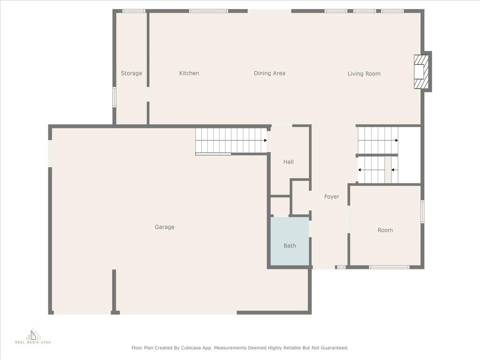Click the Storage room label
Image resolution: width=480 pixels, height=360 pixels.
tap(131, 73)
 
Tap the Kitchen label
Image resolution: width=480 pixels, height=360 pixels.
tap(189, 73)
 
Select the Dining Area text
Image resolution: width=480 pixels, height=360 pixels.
tap(270, 73)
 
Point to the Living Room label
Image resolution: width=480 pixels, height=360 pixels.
tap(364, 74)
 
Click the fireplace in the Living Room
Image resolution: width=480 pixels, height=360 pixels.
tap(421, 72)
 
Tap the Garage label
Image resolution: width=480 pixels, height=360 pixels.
tap(165, 227)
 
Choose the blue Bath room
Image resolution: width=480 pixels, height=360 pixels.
tap(290, 241)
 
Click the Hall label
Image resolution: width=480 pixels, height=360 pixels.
tap(288, 162)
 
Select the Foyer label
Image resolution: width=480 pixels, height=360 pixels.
tap(331, 197)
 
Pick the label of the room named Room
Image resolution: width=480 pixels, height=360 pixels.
tap(385, 230)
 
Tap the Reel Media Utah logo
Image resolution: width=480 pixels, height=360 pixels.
tap(33, 337)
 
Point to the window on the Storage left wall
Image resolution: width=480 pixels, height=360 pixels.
tap(114, 97)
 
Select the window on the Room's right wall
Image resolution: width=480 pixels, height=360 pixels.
tap(422, 211)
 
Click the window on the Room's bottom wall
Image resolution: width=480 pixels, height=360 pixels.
tap(389, 267)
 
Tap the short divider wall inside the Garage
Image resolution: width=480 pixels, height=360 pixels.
tap(114, 291)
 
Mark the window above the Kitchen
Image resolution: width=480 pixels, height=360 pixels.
tap(209, 11)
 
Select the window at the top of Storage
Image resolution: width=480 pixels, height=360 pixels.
tap(134, 11)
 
